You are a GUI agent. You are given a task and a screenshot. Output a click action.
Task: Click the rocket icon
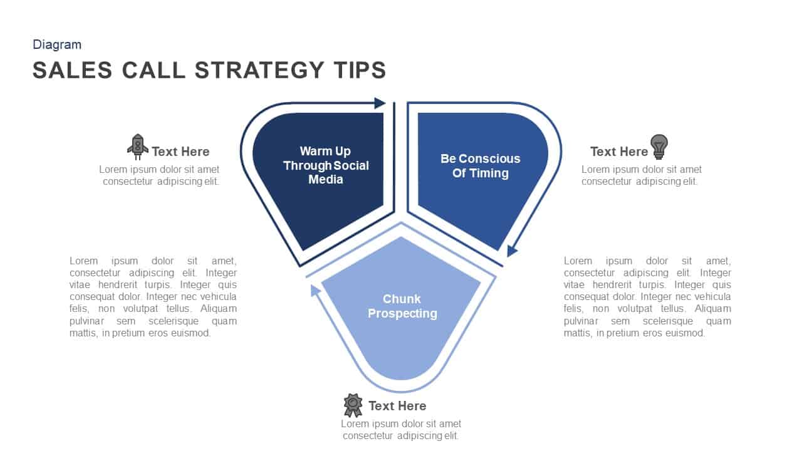click(x=138, y=147)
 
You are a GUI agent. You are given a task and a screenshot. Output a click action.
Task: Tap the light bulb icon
click(x=659, y=146)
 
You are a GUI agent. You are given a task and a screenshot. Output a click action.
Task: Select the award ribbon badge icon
click(x=353, y=405)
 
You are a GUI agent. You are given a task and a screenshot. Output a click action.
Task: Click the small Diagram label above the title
click(x=57, y=44)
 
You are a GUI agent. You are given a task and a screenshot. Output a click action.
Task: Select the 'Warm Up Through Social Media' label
click(x=326, y=165)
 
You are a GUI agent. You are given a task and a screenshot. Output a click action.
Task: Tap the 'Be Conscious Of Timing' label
click(x=480, y=166)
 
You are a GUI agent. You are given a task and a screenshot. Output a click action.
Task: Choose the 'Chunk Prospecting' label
click(x=402, y=306)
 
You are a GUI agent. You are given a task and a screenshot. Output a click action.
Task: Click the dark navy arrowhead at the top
click(x=380, y=103)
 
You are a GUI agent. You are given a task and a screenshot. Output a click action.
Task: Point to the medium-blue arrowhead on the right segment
click(x=512, y=251)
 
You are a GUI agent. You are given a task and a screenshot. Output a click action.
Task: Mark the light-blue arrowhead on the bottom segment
click(x=315, y=289)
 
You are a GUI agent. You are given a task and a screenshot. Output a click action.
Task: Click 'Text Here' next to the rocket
click(x=180, y=152)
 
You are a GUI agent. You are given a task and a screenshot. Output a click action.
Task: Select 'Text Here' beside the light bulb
click(x=618, y=152)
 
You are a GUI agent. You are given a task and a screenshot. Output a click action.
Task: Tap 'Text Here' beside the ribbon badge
click(x=397, y=406)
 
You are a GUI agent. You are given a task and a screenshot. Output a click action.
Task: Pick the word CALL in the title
click(x=154, y=70)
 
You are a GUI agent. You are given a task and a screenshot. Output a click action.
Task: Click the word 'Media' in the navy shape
click(x=326, y=180)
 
